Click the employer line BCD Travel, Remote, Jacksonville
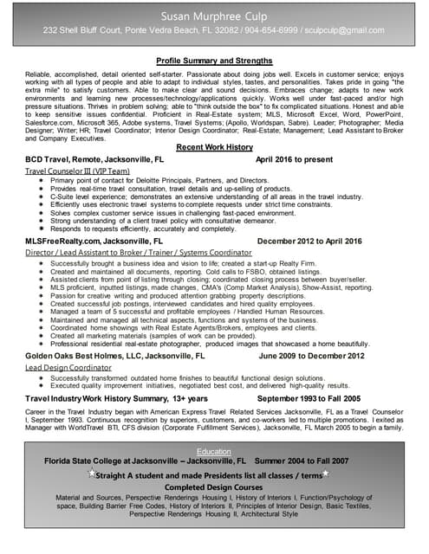click(x=94, y=161)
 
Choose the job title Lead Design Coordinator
click(x=69, y=367)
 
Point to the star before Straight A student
click(x=92, y=474)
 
